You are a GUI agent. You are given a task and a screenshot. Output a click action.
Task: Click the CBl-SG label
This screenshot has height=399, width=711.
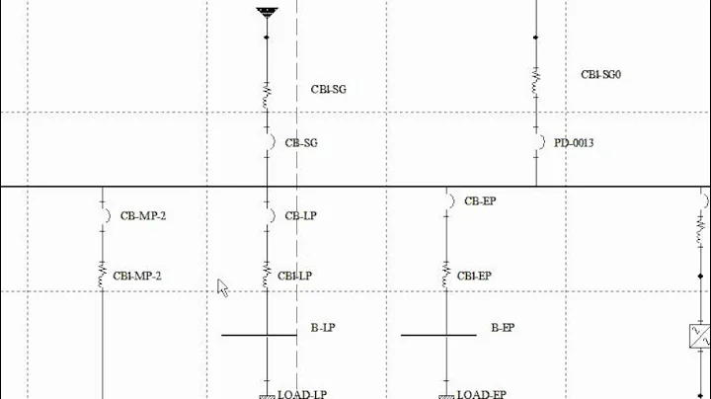click(328, 90)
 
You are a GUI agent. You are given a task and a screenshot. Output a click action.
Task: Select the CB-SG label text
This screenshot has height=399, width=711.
click(301, 143)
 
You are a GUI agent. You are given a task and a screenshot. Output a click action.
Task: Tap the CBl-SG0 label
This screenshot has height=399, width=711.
click(600, 74)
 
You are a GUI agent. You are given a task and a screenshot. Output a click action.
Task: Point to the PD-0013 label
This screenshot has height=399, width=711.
click(573, 143)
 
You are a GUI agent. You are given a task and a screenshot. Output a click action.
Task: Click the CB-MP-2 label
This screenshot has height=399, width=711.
click(142, 215)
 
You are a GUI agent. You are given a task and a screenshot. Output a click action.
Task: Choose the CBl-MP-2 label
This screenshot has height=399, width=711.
click(137, 277)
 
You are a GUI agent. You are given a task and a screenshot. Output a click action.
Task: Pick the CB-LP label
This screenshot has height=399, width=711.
click(301, 215)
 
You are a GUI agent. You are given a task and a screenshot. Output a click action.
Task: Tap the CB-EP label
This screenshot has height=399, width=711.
click(480, 201)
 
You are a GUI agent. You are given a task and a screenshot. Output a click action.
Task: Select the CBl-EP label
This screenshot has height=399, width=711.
click(474, 277)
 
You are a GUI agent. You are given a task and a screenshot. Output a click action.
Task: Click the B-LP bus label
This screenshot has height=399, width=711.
click(324, 327)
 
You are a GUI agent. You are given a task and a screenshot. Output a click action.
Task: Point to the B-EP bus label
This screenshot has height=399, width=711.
click(503, 327)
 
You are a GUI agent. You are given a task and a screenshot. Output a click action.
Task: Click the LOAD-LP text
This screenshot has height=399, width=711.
click(302, 394)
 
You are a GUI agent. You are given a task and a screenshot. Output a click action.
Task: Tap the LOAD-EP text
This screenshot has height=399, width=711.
click(481, 394)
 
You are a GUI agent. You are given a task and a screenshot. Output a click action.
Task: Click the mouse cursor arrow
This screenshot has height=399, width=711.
click(222, 286)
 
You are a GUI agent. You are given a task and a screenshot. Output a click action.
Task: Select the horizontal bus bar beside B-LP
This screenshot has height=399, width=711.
click(259, 335)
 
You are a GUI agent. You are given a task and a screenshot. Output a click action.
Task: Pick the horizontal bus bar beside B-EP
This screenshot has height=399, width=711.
click(437, 335)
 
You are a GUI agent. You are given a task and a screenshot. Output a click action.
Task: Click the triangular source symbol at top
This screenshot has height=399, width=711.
click(267, 13)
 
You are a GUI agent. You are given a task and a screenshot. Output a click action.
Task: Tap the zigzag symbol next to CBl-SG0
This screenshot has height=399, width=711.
click(536, 82)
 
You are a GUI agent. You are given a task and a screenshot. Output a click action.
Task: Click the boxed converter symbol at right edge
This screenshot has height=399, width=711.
click(699, 337)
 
